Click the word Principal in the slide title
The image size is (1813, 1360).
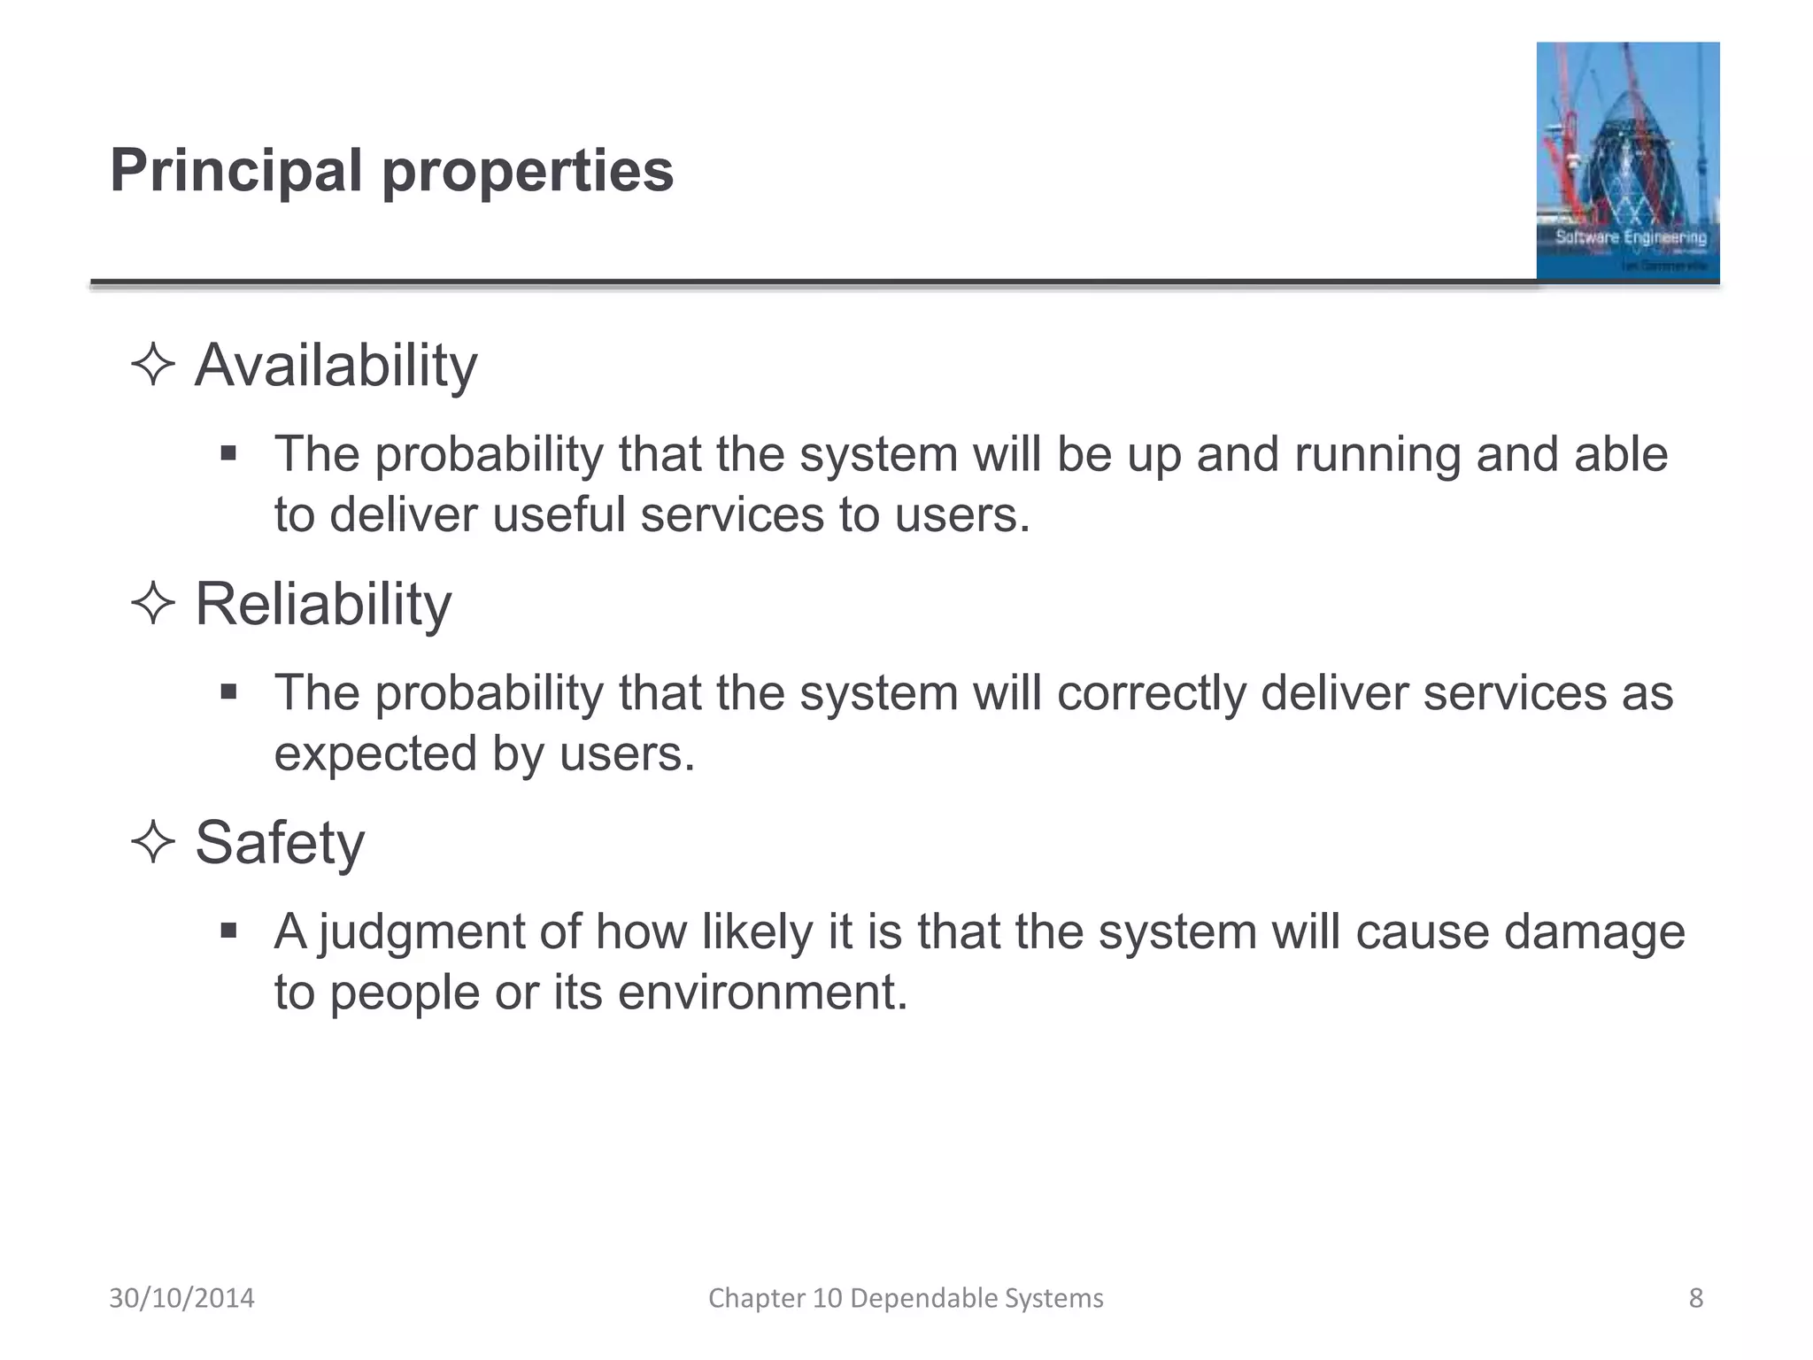pos(235,170)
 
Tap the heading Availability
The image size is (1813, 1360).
pos(336,366)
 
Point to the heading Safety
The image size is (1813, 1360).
pos(279,843)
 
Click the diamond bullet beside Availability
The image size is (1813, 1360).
pos(152,366)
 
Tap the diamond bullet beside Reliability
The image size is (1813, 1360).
pos(152,605)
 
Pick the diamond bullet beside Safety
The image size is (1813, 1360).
pos(152,843)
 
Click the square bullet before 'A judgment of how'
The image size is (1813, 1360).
pos(229,931)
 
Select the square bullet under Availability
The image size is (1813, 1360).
pos(229,453)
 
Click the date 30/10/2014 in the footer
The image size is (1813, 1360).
pos(181,1298)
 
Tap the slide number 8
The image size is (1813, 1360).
pos(1695,1298)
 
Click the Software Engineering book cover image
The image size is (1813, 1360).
pos(1627,161)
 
